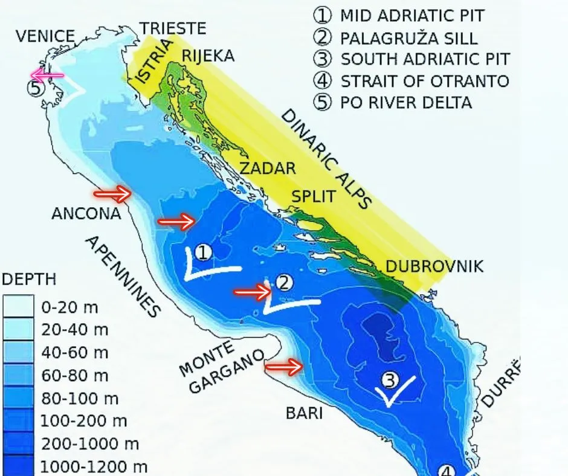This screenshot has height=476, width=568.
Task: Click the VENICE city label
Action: coord(45,36)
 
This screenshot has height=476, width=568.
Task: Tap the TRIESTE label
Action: coord(173,28)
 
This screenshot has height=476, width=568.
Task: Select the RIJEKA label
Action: coord(208,56)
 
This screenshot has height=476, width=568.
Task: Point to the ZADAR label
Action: coord(268,168)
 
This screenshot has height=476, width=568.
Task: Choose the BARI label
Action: coord(304,413)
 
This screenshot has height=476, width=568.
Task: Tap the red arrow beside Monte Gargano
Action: coord(284,366)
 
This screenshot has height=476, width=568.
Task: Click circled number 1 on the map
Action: coord(204,252)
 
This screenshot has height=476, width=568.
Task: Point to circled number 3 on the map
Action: coord(390,379)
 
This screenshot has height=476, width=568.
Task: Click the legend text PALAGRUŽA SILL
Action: coord(408,38)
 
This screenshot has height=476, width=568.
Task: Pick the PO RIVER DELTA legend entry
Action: coord(406,102)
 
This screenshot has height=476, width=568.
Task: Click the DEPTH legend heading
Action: coord(29,280)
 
